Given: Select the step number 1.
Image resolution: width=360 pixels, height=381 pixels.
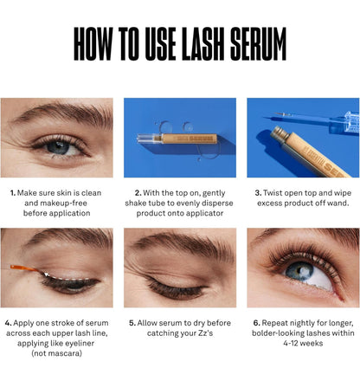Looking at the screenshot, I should click(12, 192).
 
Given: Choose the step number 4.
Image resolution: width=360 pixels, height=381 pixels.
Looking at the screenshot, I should click(7, 322).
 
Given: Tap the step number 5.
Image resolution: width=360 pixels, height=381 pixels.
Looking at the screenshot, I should click(132, 322).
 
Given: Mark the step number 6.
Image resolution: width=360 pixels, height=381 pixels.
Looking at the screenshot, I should click(256, 322).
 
